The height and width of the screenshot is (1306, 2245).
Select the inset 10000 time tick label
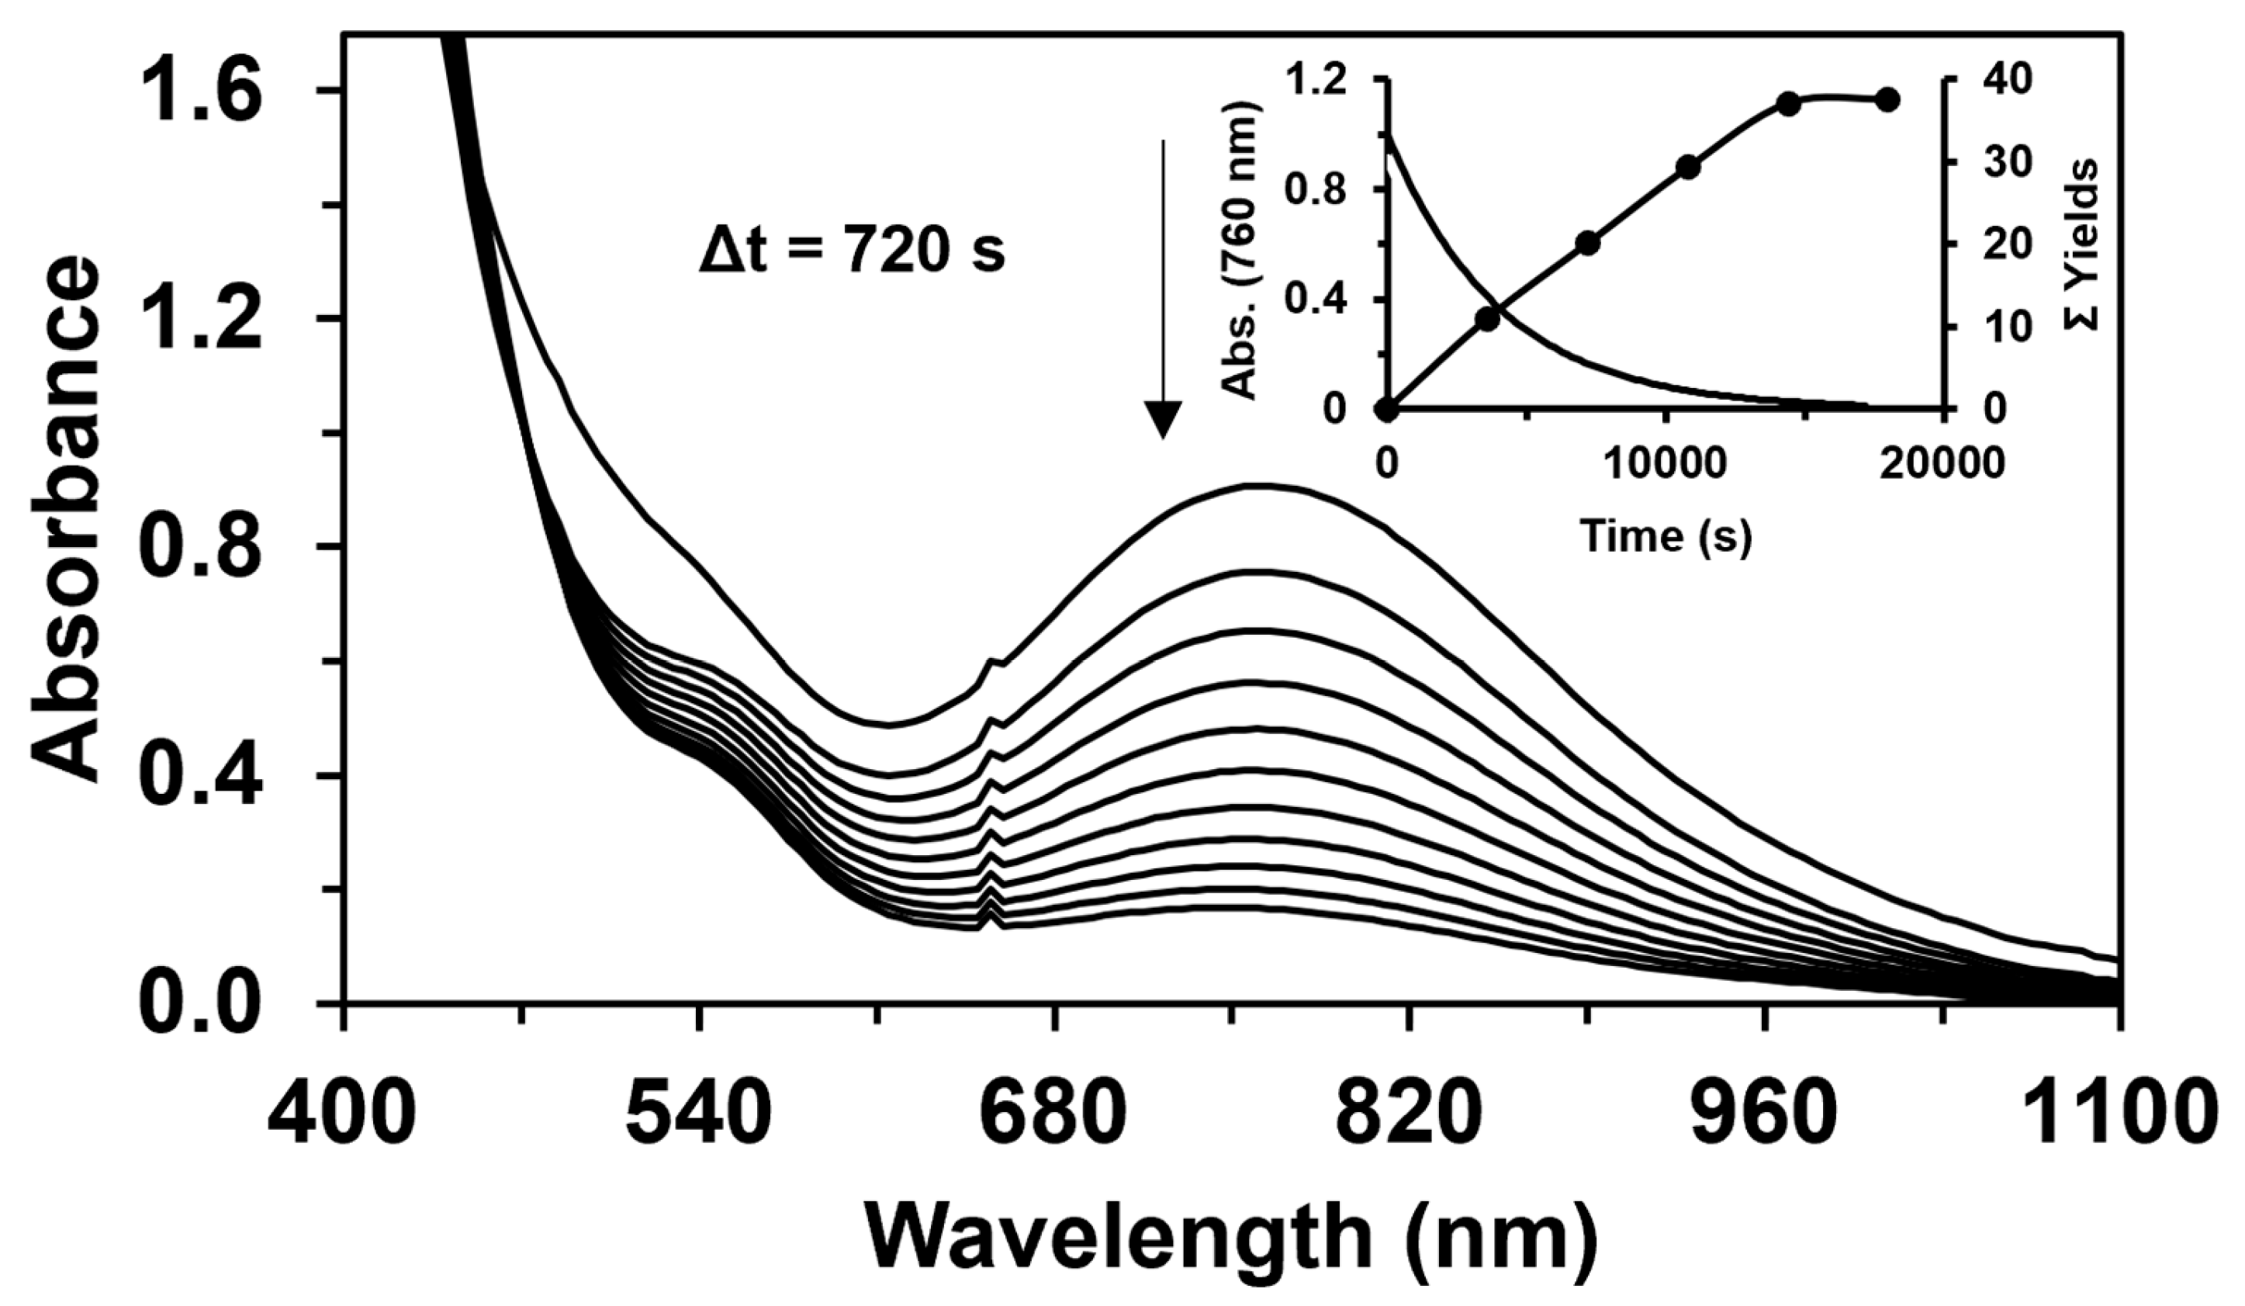1665,464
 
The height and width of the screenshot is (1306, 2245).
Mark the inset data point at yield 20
1587,243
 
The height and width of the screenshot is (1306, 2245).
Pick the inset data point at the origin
1386,410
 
